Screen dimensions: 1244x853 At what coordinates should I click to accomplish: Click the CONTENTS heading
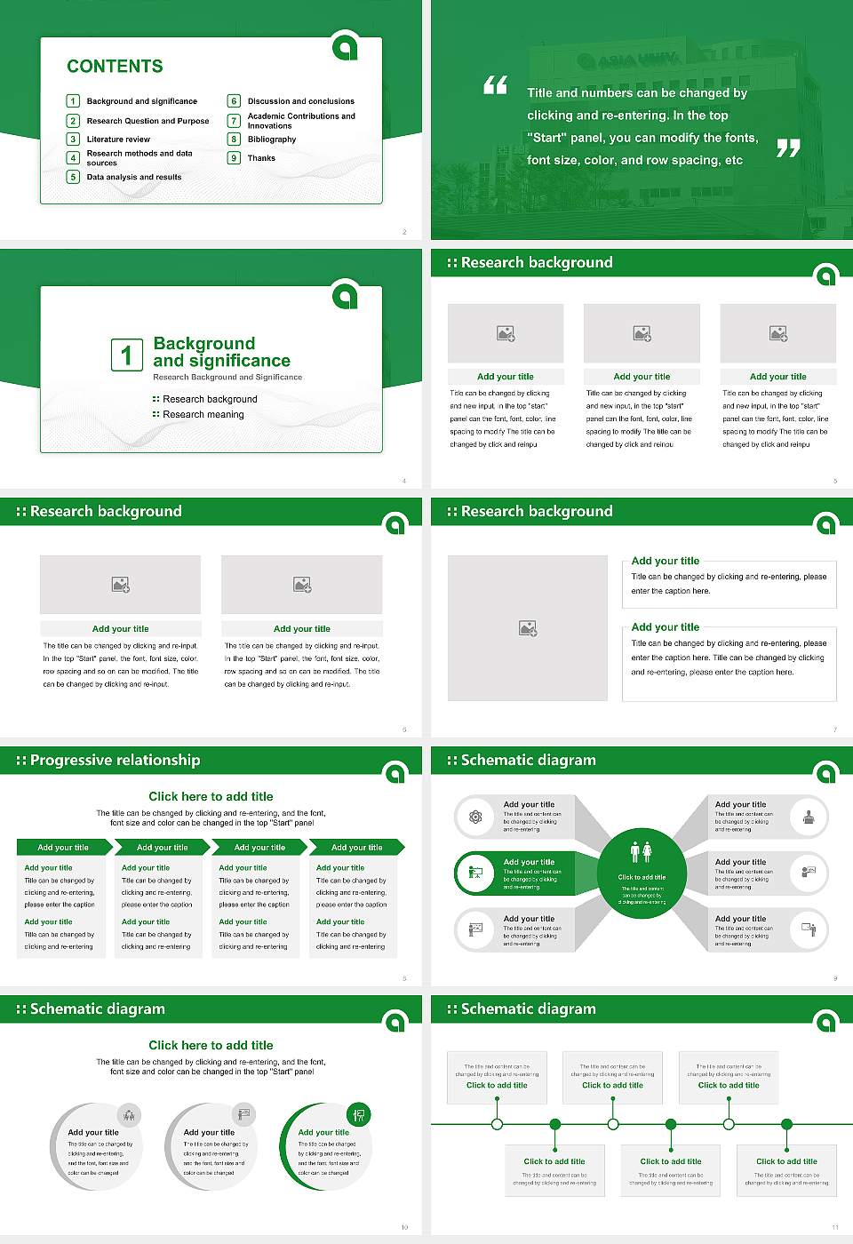[x=115, y=66]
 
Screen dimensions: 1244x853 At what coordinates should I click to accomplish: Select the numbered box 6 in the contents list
[x=235, y=101]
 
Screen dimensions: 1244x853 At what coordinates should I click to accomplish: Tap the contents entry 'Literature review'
[x=118, y=140]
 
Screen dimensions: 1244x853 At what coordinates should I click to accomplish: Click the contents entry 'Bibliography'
[x=272, y=140]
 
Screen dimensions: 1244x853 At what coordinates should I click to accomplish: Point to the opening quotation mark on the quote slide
[x=495, y=85]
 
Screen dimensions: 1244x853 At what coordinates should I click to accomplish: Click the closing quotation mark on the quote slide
[x=788, y=148]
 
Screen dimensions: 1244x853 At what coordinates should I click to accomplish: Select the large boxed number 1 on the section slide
[x=126, y=355]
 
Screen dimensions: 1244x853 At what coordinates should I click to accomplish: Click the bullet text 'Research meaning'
[x=203, y=415]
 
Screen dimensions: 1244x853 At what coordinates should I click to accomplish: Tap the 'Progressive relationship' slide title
[x=115, y=760]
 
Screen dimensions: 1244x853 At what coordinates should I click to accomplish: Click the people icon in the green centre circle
[x=642, y=852]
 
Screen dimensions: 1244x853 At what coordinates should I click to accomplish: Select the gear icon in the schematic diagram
[x=476, y=817]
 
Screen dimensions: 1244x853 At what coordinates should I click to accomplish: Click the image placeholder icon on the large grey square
[x=528, y=628]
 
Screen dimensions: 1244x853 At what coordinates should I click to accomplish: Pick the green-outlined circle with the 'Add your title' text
[x=325, y=1147]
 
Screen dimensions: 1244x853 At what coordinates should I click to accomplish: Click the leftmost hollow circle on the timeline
[x=498, y=1124]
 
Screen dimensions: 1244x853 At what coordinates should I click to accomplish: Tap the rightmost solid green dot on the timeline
[x=787, y=1124]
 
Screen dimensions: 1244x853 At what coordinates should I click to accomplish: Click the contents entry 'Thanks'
[x=261, y=158]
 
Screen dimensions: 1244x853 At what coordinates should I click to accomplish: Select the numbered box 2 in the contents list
[x=74, y=121]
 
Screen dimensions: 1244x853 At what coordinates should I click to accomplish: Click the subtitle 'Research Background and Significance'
[x=227, y=378]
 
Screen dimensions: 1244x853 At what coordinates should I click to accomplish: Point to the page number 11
[x=834, y=1227]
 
